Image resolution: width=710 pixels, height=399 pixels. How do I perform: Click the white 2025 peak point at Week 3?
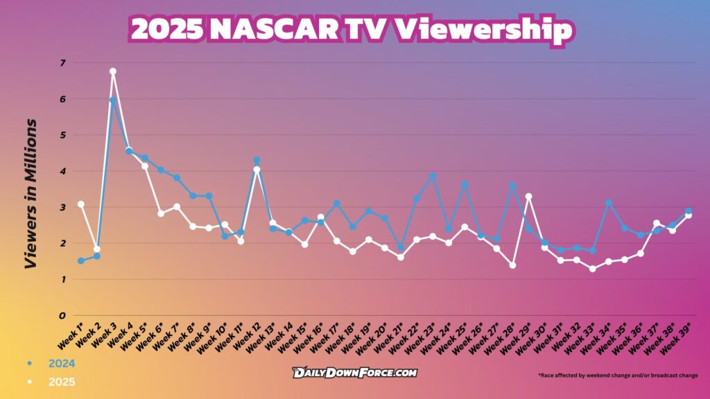tap(112, 71)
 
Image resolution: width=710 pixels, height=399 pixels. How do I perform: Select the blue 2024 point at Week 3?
tap(112, 100)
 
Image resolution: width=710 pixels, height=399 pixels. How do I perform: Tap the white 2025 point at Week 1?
tap(80, 204)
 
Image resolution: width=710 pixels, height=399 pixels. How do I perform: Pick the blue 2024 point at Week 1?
tap(80, 261)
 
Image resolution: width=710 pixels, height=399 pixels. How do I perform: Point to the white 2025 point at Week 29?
tap(528, 196)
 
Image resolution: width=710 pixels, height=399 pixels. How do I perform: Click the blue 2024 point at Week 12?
tap(257, 160)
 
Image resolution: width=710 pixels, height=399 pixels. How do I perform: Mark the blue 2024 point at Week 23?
tap(433, 175)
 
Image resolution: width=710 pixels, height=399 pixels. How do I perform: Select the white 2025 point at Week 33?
tap(592, 269)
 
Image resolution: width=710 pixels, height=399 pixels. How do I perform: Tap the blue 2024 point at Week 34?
tap(608, 203)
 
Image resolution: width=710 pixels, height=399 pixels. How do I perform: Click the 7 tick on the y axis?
tap(62, 63)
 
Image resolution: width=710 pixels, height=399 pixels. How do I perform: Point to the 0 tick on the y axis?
tap(62, 316)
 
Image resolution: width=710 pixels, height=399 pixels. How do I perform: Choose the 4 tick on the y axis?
tap(62, 171)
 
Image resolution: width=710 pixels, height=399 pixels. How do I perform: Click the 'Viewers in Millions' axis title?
tap(30, 194)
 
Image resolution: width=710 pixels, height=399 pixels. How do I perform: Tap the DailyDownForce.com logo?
tap(354, 373)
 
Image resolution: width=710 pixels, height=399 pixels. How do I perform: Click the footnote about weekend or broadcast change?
tap(618, 375)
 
